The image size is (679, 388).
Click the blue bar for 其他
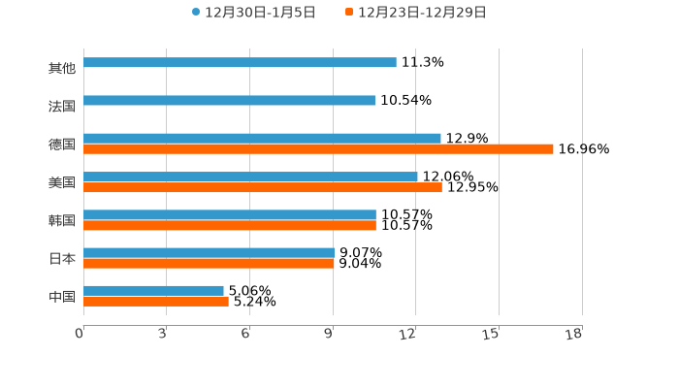(x=240, y=62)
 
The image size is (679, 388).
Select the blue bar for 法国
(x=229, y=100)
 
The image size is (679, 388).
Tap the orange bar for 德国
(x=318, y=149)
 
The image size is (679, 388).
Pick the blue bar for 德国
(x=262, y=138)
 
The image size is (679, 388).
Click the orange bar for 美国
(x=262, y=187)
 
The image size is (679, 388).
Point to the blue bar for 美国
(x=250, y=177)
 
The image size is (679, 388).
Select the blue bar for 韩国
(x=229, y=214)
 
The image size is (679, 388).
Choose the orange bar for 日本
(x=209, y=263)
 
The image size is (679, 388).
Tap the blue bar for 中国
(x=153, y=290)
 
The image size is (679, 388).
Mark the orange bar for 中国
(x=155, y=301)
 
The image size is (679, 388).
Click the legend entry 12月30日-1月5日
(x=244, y=13)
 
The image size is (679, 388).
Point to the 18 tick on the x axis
(x=574, y=334)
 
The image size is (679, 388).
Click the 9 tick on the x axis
(x=329, y=334)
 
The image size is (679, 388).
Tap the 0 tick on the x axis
(x=80, y=334)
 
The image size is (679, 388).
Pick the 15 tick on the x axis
(x=491, y=334)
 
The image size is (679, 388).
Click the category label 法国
(x=62, y=106)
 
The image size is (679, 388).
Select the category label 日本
(x=62, y=258)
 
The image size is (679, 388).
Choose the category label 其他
(x=62, y=68)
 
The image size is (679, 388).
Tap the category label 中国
(x=62, y=296)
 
